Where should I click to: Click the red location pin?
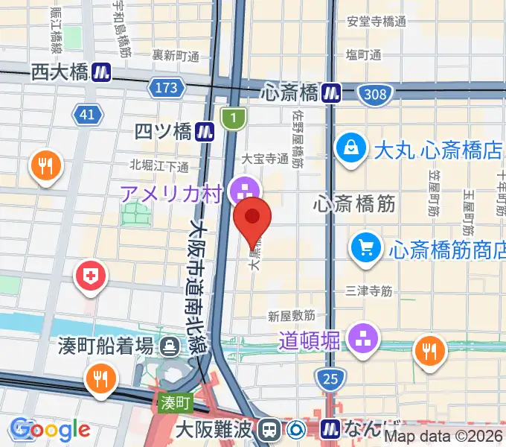point(253,218)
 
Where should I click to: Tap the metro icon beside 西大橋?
point(101,72)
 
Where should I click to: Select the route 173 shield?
point(166,89)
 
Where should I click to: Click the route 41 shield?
point(87,114)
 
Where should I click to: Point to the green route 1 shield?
point(233,117)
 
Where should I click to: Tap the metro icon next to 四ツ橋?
point(205,132)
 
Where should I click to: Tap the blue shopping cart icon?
point(366,246)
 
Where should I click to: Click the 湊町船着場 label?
point(106,346)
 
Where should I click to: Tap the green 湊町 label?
point(176,403)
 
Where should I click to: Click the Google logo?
point(51,430)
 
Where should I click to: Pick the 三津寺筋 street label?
point(369,291)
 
